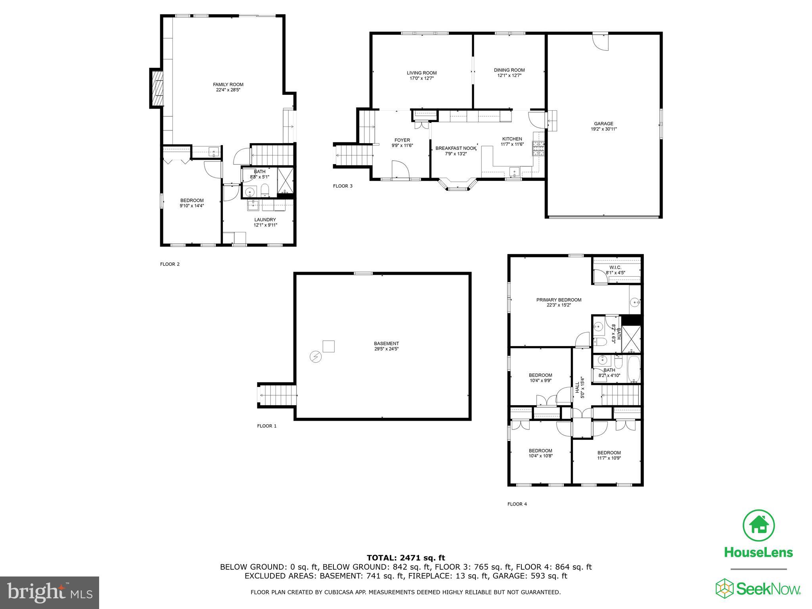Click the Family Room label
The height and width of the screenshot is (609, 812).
(228, 84)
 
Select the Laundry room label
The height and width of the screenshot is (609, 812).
(265, 220)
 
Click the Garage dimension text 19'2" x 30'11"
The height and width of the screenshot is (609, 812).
(603, 129)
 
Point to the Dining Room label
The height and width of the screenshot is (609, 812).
(509, 70)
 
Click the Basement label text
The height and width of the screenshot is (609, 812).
(386, 343)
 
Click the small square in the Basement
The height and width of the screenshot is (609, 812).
(329, 346)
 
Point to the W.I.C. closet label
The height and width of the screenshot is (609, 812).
(615, 268)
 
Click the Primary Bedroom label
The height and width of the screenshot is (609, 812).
(559, 300)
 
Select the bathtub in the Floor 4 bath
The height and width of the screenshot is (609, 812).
(634, 369)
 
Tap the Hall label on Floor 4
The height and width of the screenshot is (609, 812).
(577, 387)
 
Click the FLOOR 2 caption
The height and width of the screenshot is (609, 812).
(170, 264)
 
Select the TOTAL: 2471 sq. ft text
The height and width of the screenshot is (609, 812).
(406, 558)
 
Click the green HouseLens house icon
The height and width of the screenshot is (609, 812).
(758, 526)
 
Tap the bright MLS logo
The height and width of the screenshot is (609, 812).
(50, 592)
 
